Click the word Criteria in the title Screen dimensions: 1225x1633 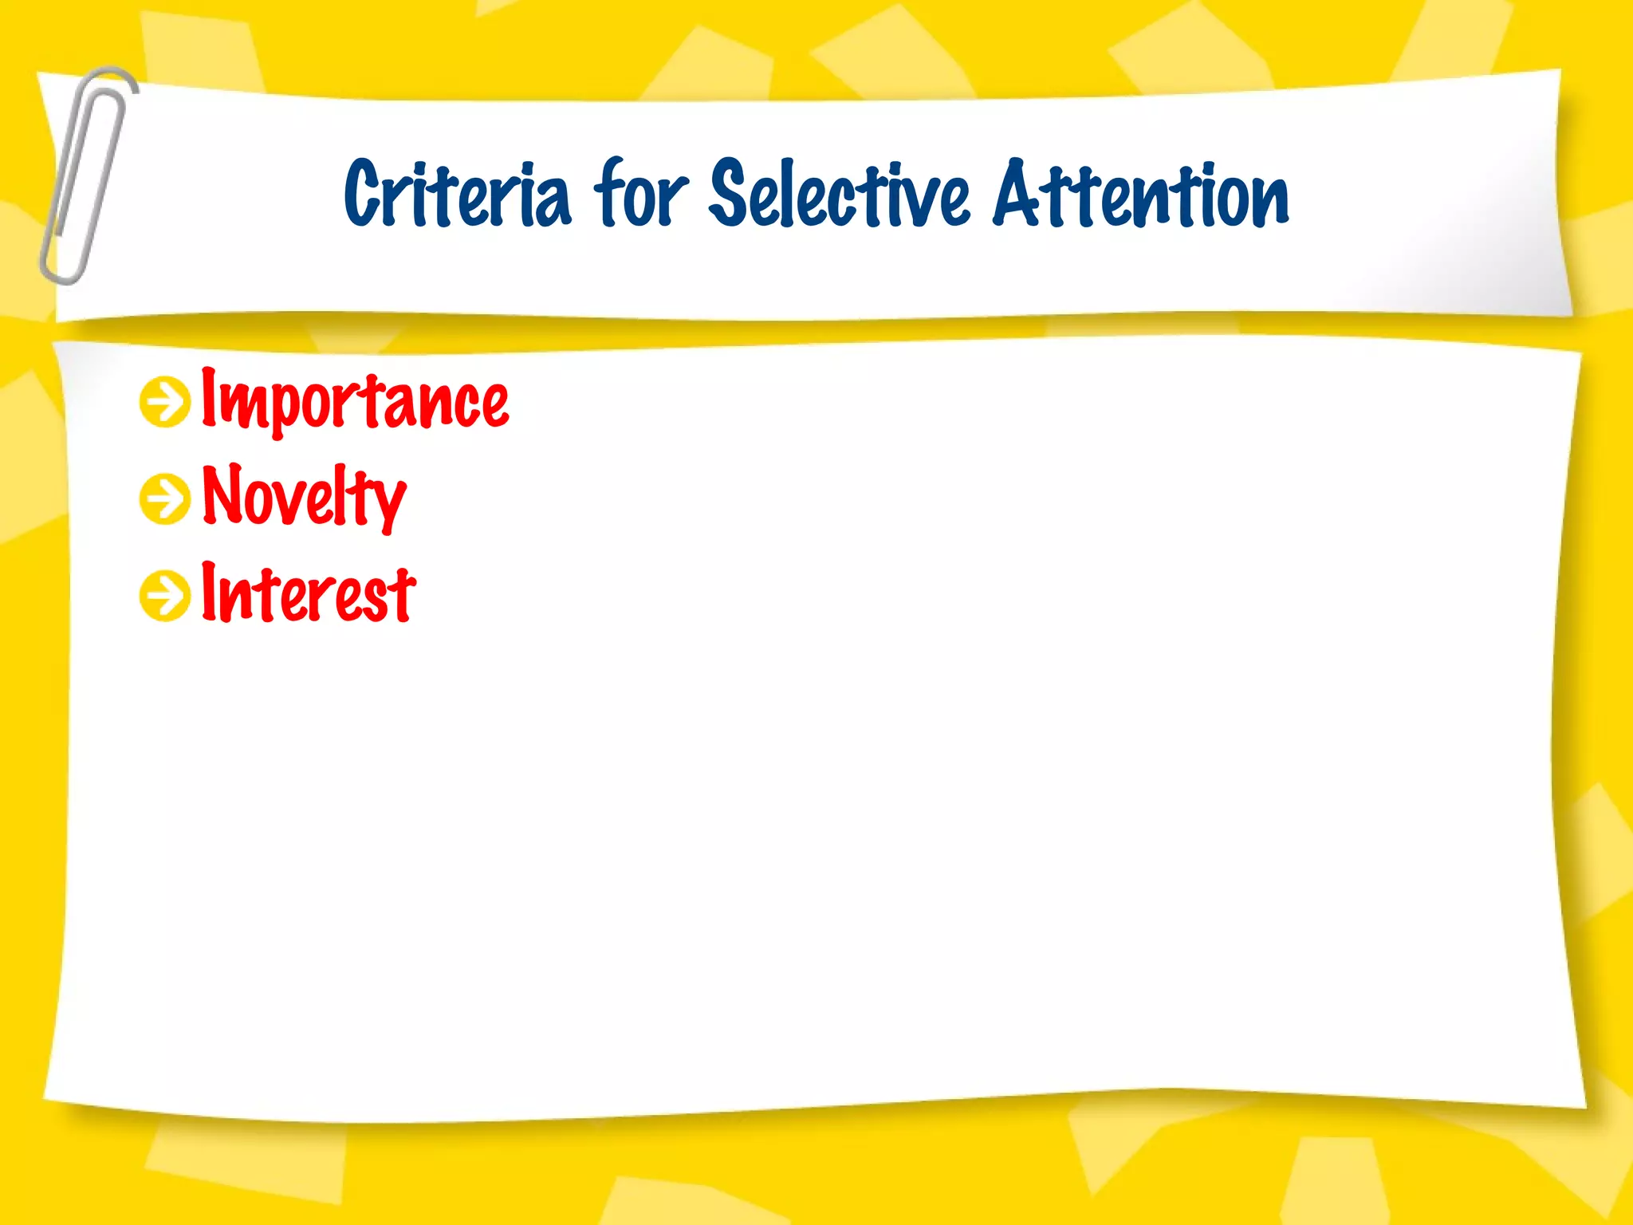click(457, 194)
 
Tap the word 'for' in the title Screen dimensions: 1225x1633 click(640, 194)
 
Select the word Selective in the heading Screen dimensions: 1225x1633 click(840, 194)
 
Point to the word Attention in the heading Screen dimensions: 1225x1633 click(1141, 194)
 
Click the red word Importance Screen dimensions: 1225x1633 click(355, 400)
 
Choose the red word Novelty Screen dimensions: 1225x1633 click(304, 496)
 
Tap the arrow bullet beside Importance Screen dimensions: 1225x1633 click(165, 402)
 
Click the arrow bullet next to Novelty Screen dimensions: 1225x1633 click(165, 499)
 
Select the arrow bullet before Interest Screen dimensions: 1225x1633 click(165, 595)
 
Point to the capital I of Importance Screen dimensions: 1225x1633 click(209, 396)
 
